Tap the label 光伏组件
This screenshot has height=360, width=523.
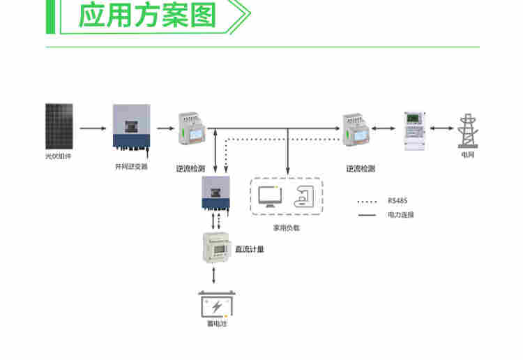59,156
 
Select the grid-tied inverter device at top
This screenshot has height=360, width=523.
131,127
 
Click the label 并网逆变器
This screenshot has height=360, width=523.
131,167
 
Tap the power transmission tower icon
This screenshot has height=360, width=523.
467,130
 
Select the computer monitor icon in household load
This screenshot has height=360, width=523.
270,196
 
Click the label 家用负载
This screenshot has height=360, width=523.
286,228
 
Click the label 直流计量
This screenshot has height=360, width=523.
250,248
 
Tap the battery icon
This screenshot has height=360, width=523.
217,306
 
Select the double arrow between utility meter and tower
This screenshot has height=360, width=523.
441,128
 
